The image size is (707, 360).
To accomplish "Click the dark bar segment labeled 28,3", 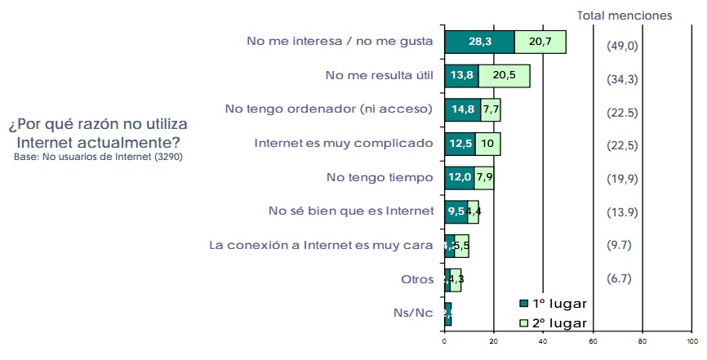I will click(x=479, y=42).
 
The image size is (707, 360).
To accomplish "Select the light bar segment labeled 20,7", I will click(x=540, y=42).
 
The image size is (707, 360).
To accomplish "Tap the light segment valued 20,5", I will click(x=504, y=76).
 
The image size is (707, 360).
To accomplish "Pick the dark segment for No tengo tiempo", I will click(x=459, y=178).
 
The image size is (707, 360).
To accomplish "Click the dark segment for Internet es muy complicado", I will click(x=460, y=144).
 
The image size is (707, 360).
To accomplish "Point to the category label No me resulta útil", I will click(x=379, y=75).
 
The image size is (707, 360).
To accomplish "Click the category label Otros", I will click(x=416, y=278).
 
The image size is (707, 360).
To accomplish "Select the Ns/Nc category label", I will click(x=413, y=313).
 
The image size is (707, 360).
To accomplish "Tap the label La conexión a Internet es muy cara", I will click(x=321, y=244).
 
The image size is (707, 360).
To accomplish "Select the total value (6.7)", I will click(x=620, y=278).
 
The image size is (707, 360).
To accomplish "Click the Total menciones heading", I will click(x=625, y=15).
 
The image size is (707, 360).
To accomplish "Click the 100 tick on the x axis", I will click(x=692, y=342).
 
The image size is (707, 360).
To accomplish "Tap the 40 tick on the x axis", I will click(x=544, y=342).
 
